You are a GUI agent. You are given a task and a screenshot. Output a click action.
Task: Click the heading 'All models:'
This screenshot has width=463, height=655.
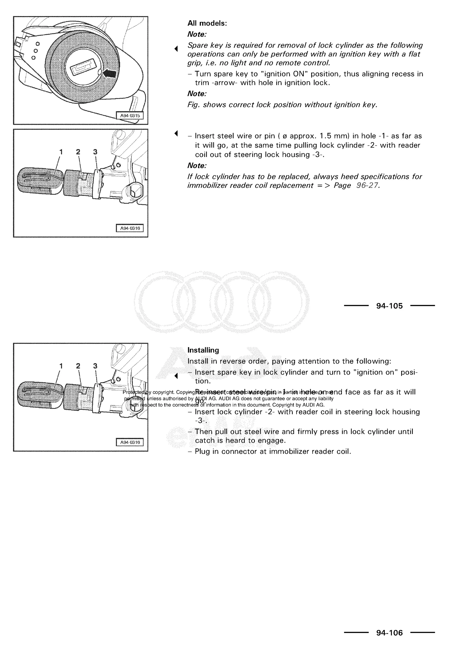[207, 23]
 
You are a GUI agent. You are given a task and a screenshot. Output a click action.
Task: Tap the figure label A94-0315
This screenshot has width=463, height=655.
[130, 116]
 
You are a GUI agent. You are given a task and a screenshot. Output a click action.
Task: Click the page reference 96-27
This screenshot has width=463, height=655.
[368, 185]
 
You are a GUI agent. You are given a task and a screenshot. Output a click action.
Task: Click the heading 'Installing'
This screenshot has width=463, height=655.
[203, 350]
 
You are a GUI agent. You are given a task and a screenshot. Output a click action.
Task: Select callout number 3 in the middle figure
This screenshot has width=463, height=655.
[95, 152]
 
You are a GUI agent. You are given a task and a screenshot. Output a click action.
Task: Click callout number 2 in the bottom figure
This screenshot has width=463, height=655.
[78, 366]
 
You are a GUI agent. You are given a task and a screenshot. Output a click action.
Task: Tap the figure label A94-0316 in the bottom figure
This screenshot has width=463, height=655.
[130, 442]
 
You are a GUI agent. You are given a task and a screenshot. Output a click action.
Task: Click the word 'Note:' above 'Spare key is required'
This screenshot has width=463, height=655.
[197, 35]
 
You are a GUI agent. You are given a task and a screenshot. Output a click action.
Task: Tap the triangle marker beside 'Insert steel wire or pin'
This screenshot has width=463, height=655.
[176, 133]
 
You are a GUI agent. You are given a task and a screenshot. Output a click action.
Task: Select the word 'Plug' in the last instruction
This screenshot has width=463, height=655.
[202, 452]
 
